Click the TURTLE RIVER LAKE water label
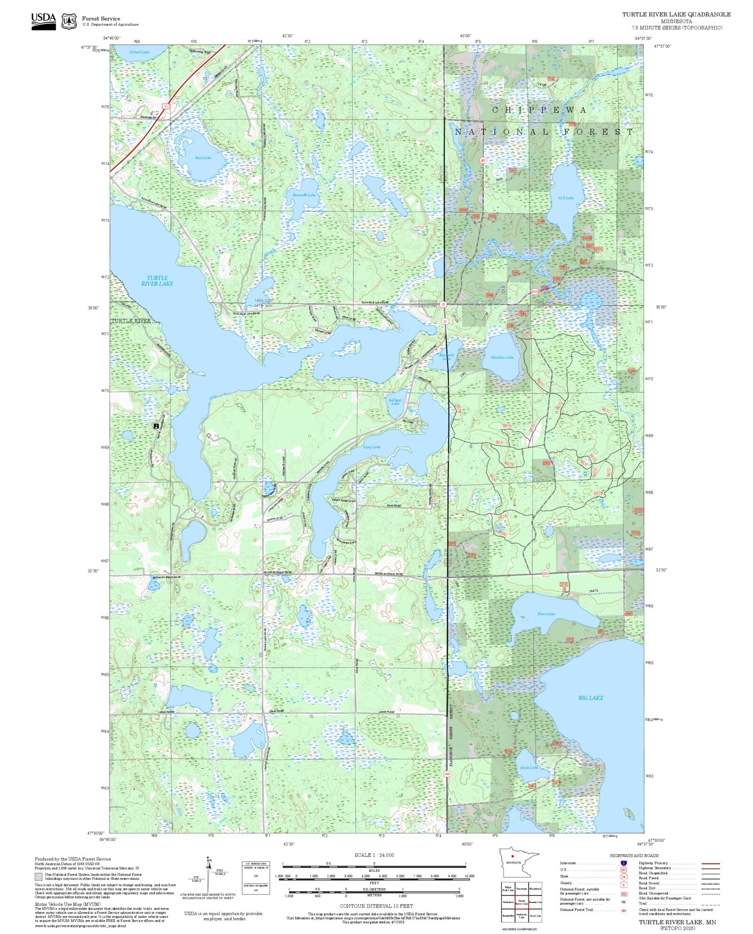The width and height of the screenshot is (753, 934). (157, 281)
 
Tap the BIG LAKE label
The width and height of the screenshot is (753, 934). (591, 698)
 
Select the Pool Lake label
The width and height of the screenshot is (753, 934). (203, 158)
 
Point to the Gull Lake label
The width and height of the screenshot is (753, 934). (566, 198)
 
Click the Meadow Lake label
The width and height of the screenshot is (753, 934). (502, 357)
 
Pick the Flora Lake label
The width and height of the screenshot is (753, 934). (546, 614)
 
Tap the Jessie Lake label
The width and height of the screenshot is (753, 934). (529, 768)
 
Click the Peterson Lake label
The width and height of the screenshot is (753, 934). (304, 195)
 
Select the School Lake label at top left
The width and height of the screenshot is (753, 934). (139, 52)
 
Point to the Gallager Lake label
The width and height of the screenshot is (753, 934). (395, 402)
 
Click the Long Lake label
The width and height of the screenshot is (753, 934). (372, 447)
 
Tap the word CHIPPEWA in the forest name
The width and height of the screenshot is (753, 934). (539, 110)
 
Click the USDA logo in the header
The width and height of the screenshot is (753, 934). (43, 21)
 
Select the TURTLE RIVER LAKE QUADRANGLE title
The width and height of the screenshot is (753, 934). (676, 15)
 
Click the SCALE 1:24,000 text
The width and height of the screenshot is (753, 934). (374, 855)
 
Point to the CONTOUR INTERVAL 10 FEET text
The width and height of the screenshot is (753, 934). (376, 906)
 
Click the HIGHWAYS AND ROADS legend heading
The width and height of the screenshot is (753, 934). (634, 855)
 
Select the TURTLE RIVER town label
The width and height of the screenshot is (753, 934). (131, 321)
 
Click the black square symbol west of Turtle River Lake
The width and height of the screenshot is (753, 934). (156, 426)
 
